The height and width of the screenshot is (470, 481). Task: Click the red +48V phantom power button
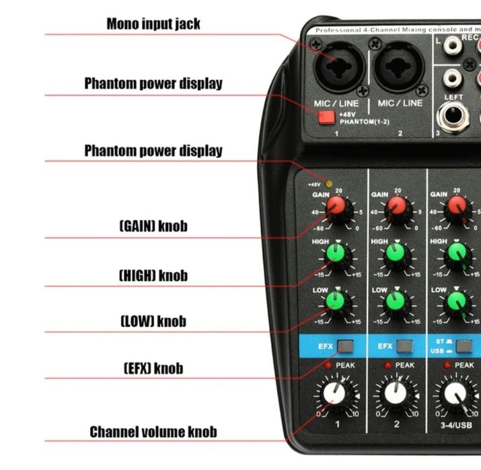point(327,118)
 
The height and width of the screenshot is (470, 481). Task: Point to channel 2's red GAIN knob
point(397,206)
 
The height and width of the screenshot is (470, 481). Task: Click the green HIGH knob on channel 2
point(398,253)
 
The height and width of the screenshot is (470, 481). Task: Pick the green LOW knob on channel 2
point(398,301)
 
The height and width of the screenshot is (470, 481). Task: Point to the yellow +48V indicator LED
point(329,183)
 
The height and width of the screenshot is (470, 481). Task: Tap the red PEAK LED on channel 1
point(328,365)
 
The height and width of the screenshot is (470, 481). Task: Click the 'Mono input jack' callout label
point(153,24)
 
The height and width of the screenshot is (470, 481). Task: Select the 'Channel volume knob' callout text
point(153,432)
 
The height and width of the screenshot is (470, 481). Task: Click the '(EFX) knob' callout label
point(153,368)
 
